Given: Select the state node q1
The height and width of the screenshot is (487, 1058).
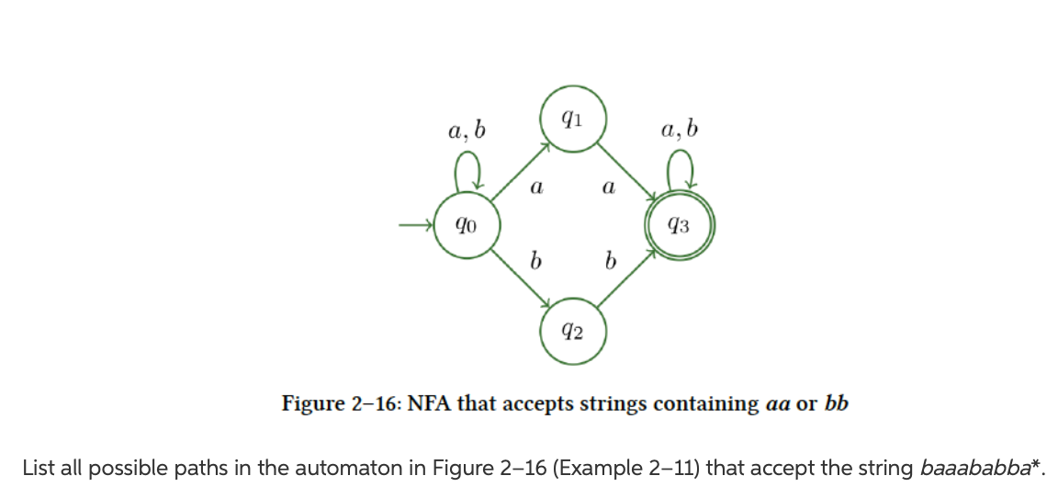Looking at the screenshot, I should (x=571, y=118).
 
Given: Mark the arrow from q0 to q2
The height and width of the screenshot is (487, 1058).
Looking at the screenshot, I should (x=519, y=278).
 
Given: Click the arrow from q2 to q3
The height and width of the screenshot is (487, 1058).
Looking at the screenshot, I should (x=626, y=278).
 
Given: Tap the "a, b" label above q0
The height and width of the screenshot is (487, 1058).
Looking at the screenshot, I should (x=467, y=130).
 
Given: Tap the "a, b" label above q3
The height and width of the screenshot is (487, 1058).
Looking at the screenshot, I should (x=679, y=130).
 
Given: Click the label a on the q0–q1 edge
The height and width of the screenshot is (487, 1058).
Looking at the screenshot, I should (x=536, y=187).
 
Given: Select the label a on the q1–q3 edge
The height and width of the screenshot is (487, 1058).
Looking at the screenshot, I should (x=607, y=187).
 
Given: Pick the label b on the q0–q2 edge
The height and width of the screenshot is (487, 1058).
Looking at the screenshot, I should (x=535, y=262).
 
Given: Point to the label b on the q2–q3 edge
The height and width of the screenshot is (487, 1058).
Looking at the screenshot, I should (x=608, y=262).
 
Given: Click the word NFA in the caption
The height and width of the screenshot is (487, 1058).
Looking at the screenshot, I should (x=424, y=403).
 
